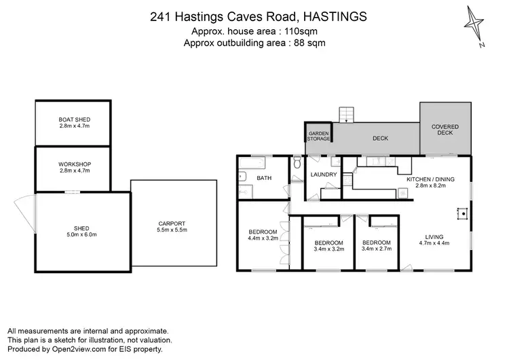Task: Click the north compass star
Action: coord(476,25)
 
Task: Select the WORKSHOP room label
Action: coord(74,164)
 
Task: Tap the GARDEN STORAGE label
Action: coord(318,136)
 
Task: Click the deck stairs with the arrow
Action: coord(347,114)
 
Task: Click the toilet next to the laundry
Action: coord(297,164)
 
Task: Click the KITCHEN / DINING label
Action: coord(430,179)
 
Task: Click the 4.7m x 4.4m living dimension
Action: coord(434,242)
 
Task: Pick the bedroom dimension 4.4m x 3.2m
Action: coord(263,238)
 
